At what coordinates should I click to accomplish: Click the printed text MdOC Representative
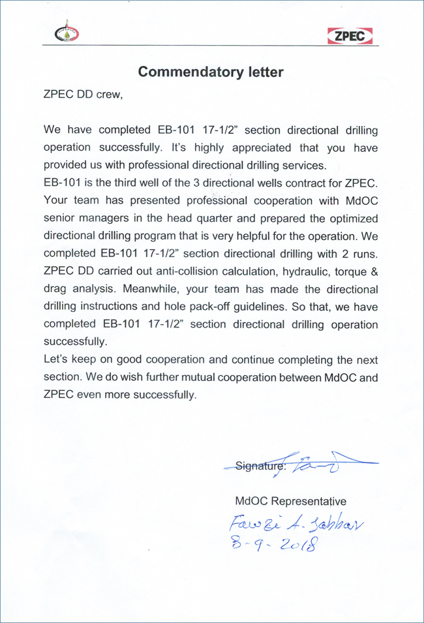click(x=290, y=501)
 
